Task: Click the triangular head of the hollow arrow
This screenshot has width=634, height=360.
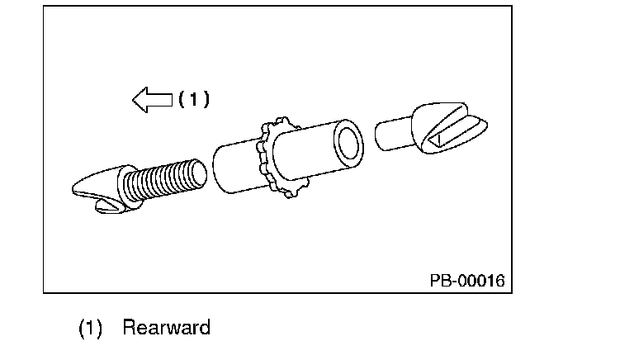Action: tap(141, 100)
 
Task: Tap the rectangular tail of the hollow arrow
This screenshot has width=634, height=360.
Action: tap(161, 100)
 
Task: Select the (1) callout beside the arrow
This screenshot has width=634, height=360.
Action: tap(194, 99)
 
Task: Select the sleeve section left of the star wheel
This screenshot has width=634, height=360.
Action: tap(237, 169)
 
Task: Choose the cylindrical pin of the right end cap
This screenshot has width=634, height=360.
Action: tap(395, 135)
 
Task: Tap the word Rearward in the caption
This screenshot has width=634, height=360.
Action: tap(166, 327)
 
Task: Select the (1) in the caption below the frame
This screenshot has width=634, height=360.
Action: tap(89, 328)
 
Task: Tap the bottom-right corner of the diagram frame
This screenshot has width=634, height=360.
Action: tap(511, 291)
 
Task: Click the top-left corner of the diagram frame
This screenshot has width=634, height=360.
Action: tap(44, 7)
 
